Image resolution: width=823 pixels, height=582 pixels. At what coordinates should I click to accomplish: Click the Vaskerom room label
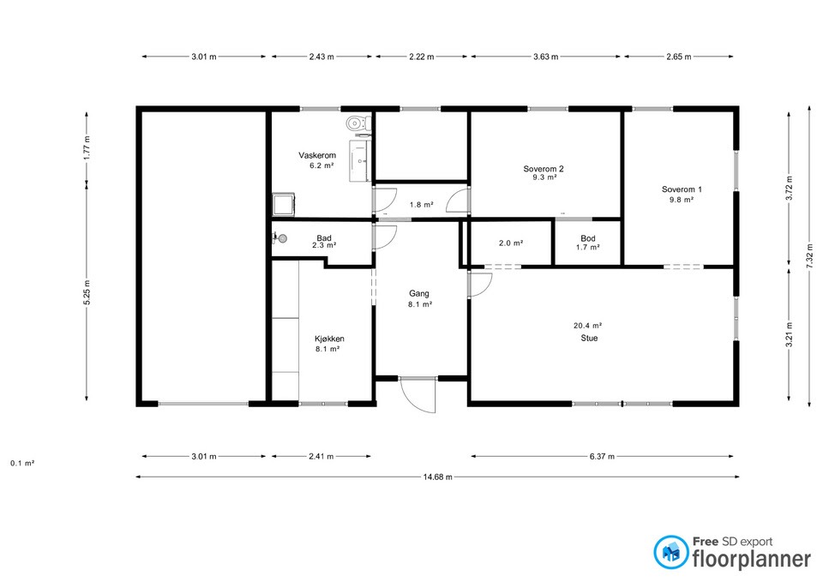click(x=317, y=155)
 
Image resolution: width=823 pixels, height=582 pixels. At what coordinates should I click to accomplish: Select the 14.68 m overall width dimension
click(x=437, y=477)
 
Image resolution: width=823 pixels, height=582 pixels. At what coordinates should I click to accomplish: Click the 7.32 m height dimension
click(x=808, y=258)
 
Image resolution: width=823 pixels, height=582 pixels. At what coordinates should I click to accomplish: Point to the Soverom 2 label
click(x=544, y=169)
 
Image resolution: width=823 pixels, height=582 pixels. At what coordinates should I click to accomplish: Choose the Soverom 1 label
click(x=682, y=189)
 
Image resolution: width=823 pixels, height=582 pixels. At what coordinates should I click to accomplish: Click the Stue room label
click(x=589, y=339)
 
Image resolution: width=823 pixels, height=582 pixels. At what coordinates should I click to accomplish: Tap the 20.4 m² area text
click(x=587, y=326)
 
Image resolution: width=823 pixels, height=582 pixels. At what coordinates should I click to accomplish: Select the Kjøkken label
click(x=329, y=339)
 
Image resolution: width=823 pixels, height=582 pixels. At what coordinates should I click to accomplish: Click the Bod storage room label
click(x=588, y=238)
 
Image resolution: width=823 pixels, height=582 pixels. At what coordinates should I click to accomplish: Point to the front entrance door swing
click(x=418, y=395)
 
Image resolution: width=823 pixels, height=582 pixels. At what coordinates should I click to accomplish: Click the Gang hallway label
click(x=419, y=294)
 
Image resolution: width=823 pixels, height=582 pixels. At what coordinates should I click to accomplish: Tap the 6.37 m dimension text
click(x=602, y=457)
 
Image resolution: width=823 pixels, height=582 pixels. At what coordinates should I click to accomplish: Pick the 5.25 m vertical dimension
click(x=87, y=291)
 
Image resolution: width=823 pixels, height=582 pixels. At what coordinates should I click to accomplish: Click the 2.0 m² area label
click(x=511, y=243)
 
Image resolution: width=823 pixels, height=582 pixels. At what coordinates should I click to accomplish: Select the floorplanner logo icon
click(x=670, y=552)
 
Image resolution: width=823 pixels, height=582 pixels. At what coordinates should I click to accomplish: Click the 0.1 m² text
click(x=22, y=464)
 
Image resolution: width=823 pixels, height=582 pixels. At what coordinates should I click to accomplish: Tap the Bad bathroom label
click(x=324, y=238)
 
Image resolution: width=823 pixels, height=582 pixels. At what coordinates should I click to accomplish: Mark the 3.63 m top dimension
click(x=545, y=57)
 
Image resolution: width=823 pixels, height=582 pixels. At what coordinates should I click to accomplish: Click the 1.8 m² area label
click(x=422, y=205)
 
